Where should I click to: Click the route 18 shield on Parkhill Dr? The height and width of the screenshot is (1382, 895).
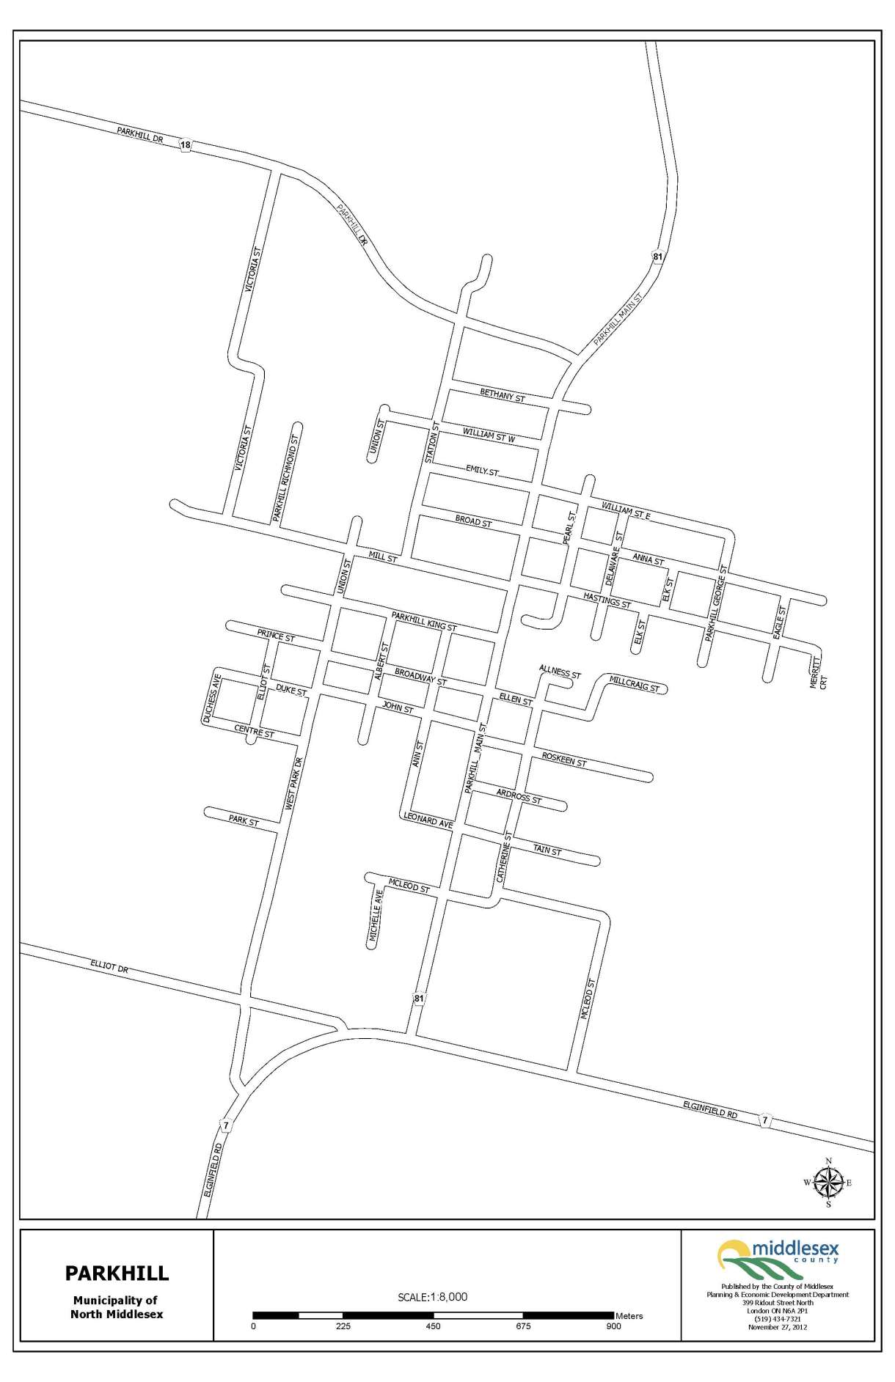click(x=186, y=145)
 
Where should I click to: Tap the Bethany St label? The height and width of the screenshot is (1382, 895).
click(x=503, y=395)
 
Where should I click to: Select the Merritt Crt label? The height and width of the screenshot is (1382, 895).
click(x=817, y=672)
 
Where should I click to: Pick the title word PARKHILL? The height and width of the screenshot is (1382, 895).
click(x=117, y=1273)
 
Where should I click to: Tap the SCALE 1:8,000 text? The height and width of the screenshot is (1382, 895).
click(x=432, y=1296)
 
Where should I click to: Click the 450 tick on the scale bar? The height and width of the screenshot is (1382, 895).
click(x=433, y=1326)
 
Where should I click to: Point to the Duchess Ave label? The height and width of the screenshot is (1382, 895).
click(x=211, y=699)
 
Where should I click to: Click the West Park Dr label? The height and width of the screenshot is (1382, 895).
click(x=293, y=784)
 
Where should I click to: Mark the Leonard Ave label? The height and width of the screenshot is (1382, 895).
click(x=428, y=819)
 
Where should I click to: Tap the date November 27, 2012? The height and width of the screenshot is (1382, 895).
click(x=778, y=1327)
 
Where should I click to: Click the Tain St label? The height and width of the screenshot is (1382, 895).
click(x=547, y=850)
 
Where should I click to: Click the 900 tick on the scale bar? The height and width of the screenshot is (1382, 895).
click(x=613, y=1326)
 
